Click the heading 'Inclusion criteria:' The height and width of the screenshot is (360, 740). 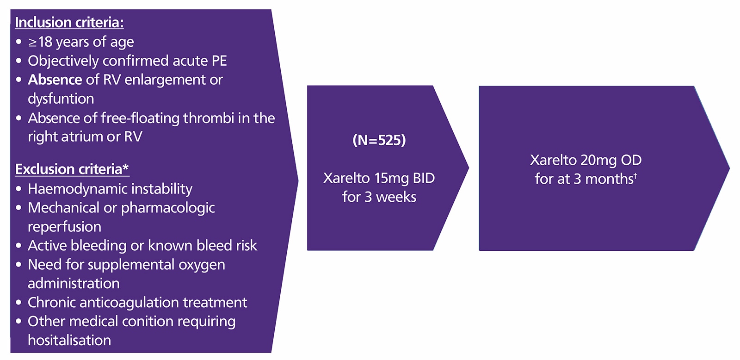click(x=69, y=23)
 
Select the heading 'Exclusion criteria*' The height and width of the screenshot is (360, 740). click(x=72, y=169)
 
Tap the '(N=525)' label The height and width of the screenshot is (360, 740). click(x=379, y=140)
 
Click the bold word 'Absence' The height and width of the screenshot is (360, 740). click(x=55, y=80)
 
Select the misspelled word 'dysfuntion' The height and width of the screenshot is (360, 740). click(x=61, y=99)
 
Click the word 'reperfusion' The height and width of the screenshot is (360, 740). click(x=64, y=227)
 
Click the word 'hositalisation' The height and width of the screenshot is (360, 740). click(x=69, y=341)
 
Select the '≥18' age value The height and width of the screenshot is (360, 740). click(x=40, y=42)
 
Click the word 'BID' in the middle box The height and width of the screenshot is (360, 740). click(x=423, y=178)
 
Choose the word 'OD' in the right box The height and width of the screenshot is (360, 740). click(x=631, y=160)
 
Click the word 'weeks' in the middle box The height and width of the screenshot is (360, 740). click(x=396, y=197)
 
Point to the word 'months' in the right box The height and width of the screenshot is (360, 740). click(x=609, y=179)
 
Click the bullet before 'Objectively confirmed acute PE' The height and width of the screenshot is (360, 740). click(x=18, y=61)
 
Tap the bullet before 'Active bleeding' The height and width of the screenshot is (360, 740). click(x=18, y=246)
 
